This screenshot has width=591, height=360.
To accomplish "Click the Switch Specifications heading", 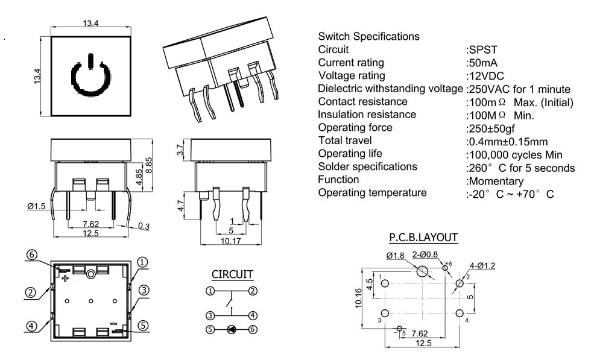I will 368,36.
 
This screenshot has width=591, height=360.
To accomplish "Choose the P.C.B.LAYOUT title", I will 423,238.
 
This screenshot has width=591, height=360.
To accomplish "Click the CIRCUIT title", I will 232,274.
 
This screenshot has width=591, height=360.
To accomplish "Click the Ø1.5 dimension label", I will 37,206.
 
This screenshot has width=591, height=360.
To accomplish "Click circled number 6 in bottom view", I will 32,255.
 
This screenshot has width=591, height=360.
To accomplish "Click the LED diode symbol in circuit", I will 231,329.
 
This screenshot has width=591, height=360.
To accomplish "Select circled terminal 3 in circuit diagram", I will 209,315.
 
